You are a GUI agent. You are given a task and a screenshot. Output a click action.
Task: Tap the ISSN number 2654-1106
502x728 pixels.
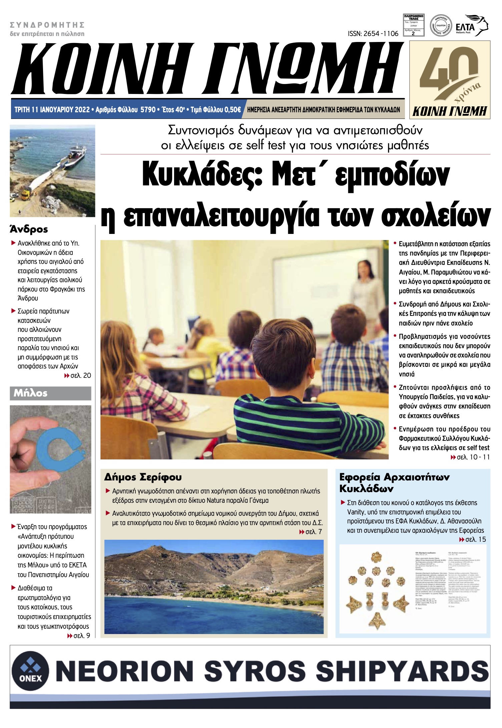(373, 34)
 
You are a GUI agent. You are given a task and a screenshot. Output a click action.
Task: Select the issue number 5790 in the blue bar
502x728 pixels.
(148, 109)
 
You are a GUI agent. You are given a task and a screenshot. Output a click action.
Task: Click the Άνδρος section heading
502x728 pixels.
(29, 229)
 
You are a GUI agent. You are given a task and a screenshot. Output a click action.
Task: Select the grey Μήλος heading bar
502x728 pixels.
(50, 393)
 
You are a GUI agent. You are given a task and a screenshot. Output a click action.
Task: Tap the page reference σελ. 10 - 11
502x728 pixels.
(470, 457)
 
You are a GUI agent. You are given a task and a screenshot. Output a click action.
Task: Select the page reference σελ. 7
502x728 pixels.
(311, 532)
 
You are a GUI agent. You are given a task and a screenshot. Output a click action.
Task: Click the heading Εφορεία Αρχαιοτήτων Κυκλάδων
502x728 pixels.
(394, 483)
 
